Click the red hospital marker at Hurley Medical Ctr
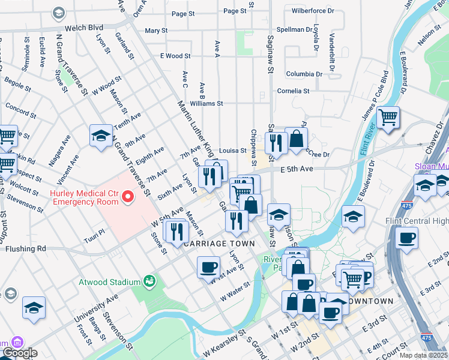point(127,196)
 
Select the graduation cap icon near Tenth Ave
point(101,136)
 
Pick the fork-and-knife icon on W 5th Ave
point(176,230)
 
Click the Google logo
point(19,353)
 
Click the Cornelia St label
point(293,91)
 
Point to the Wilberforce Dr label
point(313,11)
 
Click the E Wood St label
point(175,56)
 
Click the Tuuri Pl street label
point(95,231)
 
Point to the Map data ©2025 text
point(423,355)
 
